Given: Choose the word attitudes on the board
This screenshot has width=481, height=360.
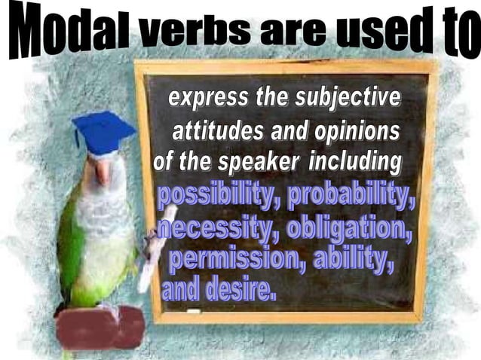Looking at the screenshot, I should click(219, 131).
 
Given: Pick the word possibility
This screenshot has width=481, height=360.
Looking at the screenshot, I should click(218, 197).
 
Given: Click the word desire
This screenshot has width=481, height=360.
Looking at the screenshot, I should click(238, 291).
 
